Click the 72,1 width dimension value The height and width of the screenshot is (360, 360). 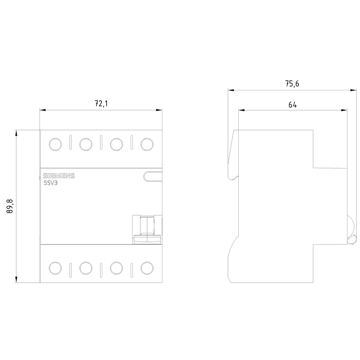[x=101, y=104]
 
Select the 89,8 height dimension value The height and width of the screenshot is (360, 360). [x=10, y=206]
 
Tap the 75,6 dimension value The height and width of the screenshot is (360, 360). [x=292, y=84]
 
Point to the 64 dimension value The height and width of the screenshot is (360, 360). [x=292, y=105]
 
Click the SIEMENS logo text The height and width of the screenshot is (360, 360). [x=59, y=176]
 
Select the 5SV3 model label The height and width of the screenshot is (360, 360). [x=51, y=183]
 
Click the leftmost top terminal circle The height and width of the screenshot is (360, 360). [x=55, y=144]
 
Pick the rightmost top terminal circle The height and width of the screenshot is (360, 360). [x=147, y=144]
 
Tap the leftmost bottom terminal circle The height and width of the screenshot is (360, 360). [x=55, y=268]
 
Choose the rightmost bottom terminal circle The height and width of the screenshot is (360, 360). [x=147, y=268]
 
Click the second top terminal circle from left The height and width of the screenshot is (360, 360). [x=86, y=144]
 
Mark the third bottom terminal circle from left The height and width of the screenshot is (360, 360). [x=116, y=268]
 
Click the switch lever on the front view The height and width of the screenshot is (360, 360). [x=147, y=230]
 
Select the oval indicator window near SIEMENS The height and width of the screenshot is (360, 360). [x=153, y=176]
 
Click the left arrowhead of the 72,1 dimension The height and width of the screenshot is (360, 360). [x=43, y=110]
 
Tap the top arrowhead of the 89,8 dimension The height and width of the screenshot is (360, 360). [x=16, y=134]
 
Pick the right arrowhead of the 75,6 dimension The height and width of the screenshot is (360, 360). [x=353, y=90]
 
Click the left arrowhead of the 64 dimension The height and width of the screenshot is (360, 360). [x=242, y=110]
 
